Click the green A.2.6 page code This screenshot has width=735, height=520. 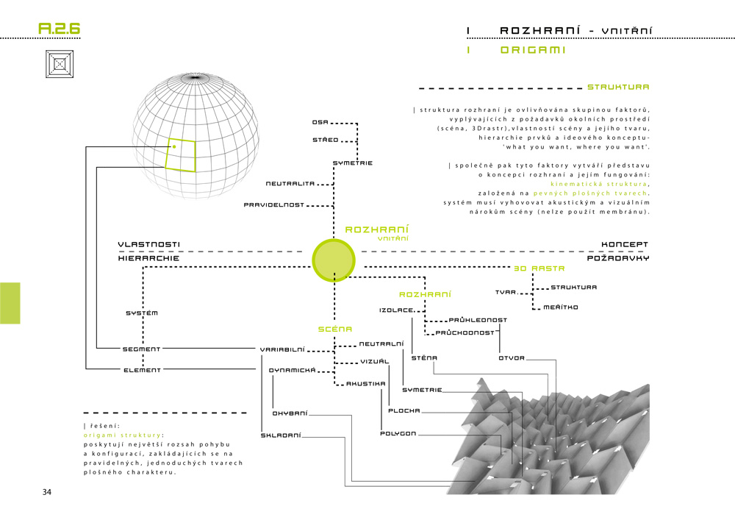click(59, 29)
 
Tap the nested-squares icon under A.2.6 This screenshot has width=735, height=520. click(60, 64)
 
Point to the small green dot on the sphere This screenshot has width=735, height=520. click(174, 147)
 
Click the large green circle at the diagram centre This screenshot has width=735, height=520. click(334, 260)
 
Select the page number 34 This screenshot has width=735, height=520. click(47, 492)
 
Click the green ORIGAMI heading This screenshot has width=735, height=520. click(533, 50)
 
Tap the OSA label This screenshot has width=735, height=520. click(320, 122)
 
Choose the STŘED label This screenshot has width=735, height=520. click(326, 140)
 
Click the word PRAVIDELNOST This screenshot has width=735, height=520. click(274, 205)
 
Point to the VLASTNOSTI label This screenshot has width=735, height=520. click(149, 244)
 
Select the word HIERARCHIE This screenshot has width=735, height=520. click(148, 258)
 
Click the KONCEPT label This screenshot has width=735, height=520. click(625, 244)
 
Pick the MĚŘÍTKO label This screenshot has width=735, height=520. click(561, 307)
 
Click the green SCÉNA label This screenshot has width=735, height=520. click(335, 330)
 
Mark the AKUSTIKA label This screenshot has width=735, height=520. click(366, 383)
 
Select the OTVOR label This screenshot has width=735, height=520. click(512, 357)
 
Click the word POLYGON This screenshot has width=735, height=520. click(398, 433)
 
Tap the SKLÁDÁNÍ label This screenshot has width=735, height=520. click(281, 435)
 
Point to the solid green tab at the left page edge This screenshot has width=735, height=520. click(10, 303)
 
